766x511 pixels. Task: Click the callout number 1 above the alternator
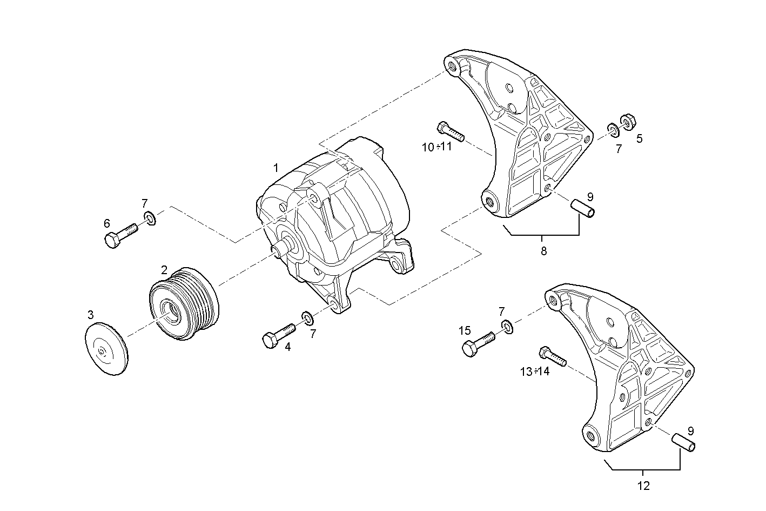pos(276,168)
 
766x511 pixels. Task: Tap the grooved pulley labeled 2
pos(184,303)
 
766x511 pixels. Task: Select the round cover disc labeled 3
pos(107,348)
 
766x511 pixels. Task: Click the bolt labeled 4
pos(278,335)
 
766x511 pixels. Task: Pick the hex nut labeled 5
pos(627,120)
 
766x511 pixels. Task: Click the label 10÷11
pos(436,147)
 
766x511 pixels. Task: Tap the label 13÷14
pos(535,371)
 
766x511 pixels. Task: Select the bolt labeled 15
pos(478,343)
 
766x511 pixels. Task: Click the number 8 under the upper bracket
pos(543,251)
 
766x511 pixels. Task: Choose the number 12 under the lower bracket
pos(643,486)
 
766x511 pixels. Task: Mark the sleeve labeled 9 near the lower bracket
pos(683,441)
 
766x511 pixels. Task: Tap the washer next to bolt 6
pos(150,218)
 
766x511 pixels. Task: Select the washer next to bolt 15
pos(507,326)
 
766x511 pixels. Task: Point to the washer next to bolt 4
pos(307,317)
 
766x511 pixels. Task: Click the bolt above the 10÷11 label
pos(450,131)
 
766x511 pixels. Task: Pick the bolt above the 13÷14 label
pos(552,356)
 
